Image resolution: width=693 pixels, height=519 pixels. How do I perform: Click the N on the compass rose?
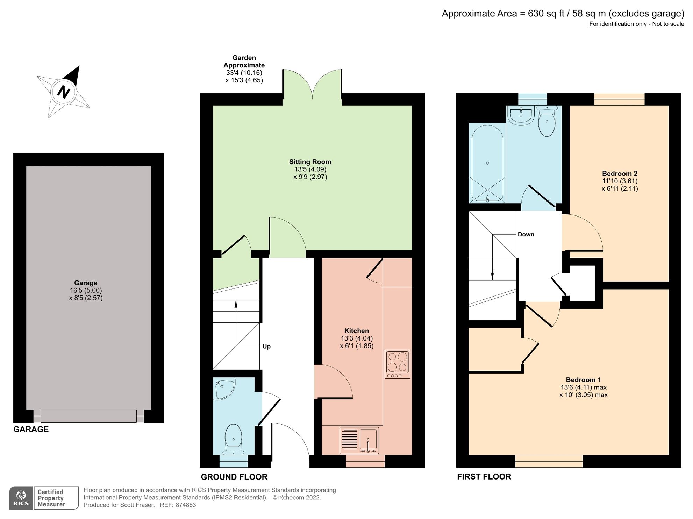(64, 92)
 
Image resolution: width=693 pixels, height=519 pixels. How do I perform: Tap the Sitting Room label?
(310, 162)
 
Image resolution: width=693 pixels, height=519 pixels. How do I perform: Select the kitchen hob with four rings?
(398, 364)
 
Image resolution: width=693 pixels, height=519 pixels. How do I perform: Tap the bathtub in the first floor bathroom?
(487, 163)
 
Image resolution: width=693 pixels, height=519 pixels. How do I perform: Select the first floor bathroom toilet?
(546, 122)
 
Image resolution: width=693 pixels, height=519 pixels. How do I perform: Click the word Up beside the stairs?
(266, 346)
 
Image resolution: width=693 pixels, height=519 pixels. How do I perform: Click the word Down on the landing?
(526, 234)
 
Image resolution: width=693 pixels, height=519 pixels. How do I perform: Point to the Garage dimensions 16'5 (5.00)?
(86, 290)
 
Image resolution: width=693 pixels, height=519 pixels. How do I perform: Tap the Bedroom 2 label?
(620, 174)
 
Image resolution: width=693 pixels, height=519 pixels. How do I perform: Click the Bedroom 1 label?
(583, 380)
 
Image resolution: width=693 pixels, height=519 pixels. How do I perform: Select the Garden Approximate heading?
(244, 61)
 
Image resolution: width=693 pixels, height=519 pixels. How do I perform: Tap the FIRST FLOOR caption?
(484, 477)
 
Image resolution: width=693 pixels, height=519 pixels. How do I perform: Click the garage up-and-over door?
(88, 416)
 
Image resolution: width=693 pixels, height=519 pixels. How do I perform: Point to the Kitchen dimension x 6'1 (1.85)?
(357, 346)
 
